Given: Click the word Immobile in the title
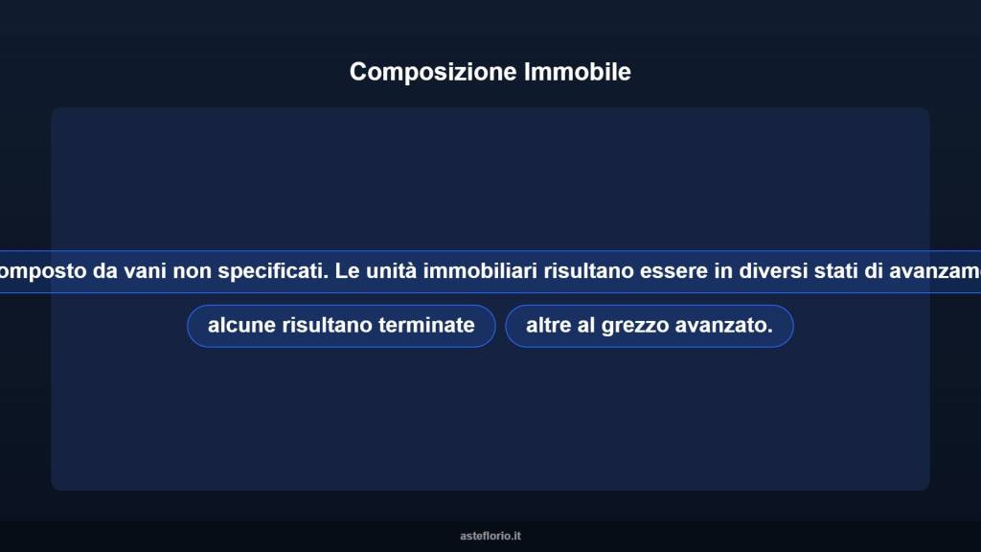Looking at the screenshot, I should [x=578, y=72].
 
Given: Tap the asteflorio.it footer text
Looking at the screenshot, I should [x=490, y=536].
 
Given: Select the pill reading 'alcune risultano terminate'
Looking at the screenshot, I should [x=341, y=326].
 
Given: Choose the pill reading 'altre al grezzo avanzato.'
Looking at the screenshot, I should [x=649, y=326].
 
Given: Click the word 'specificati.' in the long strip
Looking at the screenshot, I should [x=273, y=271].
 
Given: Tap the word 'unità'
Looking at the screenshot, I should [x=391, y=271].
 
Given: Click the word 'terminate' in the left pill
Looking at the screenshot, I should [x=426, y=326].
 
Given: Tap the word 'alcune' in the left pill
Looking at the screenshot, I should [x=241, y=326].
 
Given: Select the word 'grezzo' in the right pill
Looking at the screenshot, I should [x=636, y=326].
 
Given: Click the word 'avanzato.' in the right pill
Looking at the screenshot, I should [x=724, y=326].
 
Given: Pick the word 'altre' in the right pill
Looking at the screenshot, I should [x=548, y=326].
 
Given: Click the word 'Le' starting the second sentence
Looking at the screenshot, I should [x=346, y=271].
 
